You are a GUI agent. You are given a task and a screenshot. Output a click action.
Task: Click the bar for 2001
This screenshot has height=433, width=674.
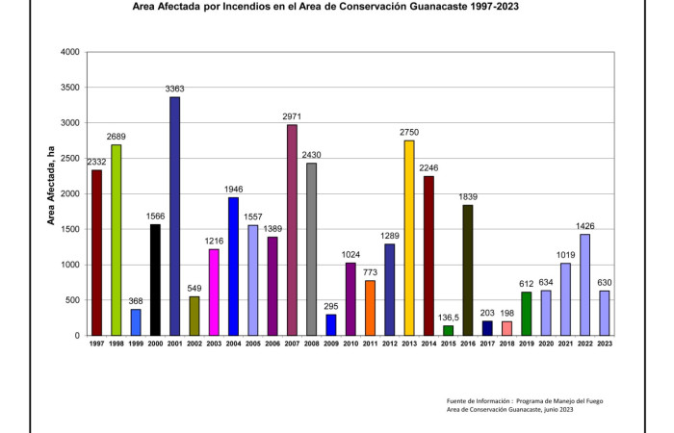174,216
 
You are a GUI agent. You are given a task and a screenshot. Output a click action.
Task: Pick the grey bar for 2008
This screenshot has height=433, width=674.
311,249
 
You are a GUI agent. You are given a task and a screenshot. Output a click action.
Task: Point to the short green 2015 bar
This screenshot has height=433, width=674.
448,330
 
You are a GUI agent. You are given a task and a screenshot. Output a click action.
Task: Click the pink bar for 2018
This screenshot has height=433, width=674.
506,328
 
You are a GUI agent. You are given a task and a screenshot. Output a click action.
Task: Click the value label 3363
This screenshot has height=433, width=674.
174,89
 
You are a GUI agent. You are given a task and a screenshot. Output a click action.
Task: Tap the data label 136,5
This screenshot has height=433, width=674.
448,317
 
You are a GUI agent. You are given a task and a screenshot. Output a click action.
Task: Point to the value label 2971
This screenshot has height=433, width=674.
291,116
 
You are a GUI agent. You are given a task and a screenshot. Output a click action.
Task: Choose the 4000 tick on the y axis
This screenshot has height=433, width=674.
68,52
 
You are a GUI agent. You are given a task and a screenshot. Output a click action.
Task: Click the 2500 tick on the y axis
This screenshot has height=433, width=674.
68,159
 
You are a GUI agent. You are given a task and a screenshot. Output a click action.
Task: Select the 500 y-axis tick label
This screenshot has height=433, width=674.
71,300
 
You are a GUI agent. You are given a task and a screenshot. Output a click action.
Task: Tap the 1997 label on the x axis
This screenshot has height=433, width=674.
96,344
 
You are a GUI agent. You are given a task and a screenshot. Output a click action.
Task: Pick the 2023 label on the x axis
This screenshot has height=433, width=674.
604,344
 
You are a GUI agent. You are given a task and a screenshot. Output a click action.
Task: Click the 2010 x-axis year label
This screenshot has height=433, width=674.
350,344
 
